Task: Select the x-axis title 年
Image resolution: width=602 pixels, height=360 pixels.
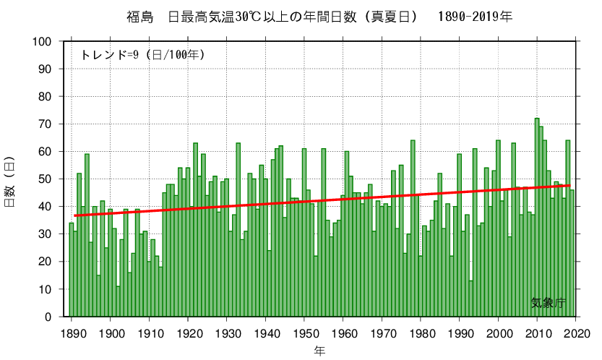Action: click(320, 351)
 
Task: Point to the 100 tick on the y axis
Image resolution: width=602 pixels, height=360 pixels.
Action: click(44, 42)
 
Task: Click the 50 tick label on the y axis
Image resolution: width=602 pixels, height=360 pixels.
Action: click(47, 179)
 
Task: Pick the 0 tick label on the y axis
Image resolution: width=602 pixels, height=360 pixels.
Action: click(51, 317)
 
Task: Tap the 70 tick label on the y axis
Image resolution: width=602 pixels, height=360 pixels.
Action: click(47, 124)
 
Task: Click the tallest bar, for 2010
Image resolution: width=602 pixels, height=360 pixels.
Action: click(537, 217)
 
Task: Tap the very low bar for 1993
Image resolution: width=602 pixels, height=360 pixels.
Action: click(471, 299)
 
